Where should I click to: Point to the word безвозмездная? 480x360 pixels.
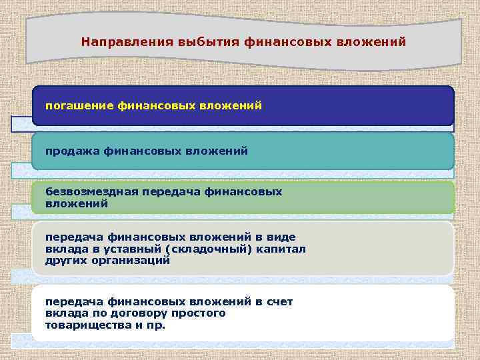pyautogui.click(x=92, y=192)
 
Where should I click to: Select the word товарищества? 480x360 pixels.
pyautogui.click(x=85, y=325)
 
